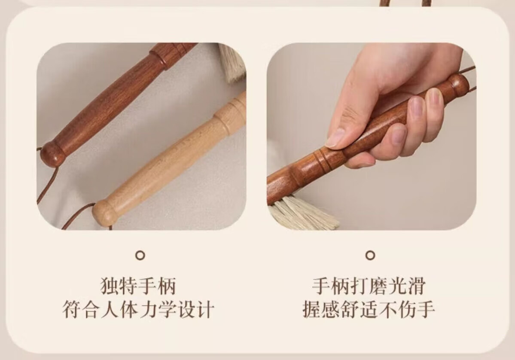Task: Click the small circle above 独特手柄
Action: click(x=140, y=255)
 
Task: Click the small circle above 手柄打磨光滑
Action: click(x=370, y=255)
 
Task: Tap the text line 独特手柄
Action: click(x=138, y=285)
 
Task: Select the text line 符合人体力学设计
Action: click(x=138, y=309)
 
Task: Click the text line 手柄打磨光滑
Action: click(x=369, y=285)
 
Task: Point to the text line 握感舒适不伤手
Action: click(x=369, y=309)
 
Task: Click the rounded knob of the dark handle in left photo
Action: click(x=52, y=153)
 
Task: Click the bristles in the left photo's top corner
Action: click(x=232, y=64)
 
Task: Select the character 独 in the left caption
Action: click(x=110, y=285)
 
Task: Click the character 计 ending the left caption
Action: click(x=205, y=309)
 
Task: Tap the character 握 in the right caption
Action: click(x=312, y=309)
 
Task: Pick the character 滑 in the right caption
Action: click(x=417, y=285)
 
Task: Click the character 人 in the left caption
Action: click(x=110, y=309)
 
